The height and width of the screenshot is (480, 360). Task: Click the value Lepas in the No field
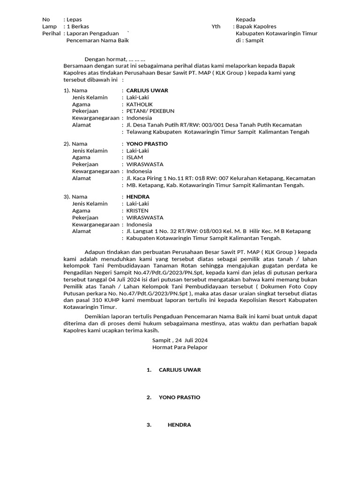click(x=74, y=20)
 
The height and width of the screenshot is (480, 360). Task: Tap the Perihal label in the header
click(x=51, y=34)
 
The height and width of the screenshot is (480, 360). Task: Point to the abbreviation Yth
click(x=216, y=27)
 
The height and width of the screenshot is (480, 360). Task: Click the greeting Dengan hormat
click(x=105, y=59)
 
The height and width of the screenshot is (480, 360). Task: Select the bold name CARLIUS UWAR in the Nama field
click(x=147, y=90)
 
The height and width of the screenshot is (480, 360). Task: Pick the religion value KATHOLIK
click(x=140, y=104)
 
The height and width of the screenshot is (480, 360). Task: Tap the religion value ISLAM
click(x=135, y=157)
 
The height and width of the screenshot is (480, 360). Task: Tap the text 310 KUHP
click(x=120, y=300)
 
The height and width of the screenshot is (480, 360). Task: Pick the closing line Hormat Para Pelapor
click(x=180, y=347)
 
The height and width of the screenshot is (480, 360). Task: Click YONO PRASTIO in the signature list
click(x=180, y=397)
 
